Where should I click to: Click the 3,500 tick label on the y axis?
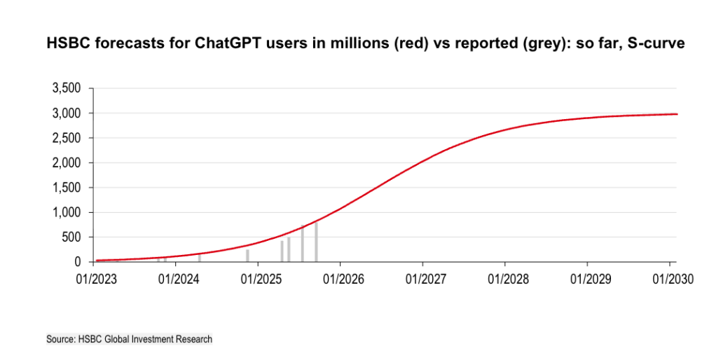click(x=67, y=88)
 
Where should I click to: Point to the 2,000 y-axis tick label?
click(x=67, y=163)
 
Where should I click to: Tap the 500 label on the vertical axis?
click(x=73, y=237)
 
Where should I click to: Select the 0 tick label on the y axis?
click(x=78, y=262)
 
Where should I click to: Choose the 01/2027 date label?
click(x=422, y=278)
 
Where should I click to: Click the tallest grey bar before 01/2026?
click(x=316, y=242)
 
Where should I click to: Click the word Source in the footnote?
click(x=60, y=339)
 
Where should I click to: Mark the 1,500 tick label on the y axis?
click(x=67, y=188)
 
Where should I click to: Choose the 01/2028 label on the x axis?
click(x=504, y=278)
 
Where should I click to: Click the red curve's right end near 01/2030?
click(x=675, y=114)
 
